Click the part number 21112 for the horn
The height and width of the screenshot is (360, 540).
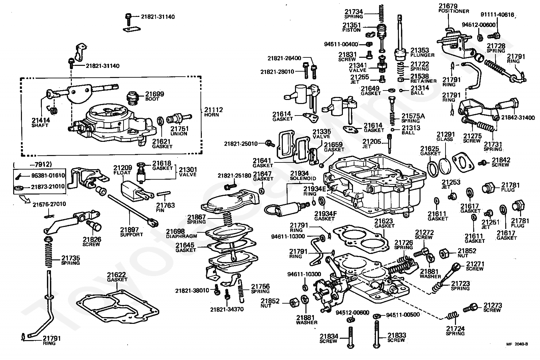(x=213, y=109)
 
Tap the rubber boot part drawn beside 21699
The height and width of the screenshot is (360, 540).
(x=134, y=99)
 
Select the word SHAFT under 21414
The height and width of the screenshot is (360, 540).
(x=40, y=125)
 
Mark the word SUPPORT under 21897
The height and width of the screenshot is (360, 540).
(x=132, y=234)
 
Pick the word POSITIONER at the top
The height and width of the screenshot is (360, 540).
(x=454, y=11)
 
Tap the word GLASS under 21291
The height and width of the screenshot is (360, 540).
(x=444, y=139)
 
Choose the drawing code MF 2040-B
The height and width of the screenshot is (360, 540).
(x=517, y=344)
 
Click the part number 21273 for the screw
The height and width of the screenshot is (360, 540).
(x=493, y=305)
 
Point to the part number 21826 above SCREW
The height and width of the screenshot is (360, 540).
(x=92, y=239)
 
